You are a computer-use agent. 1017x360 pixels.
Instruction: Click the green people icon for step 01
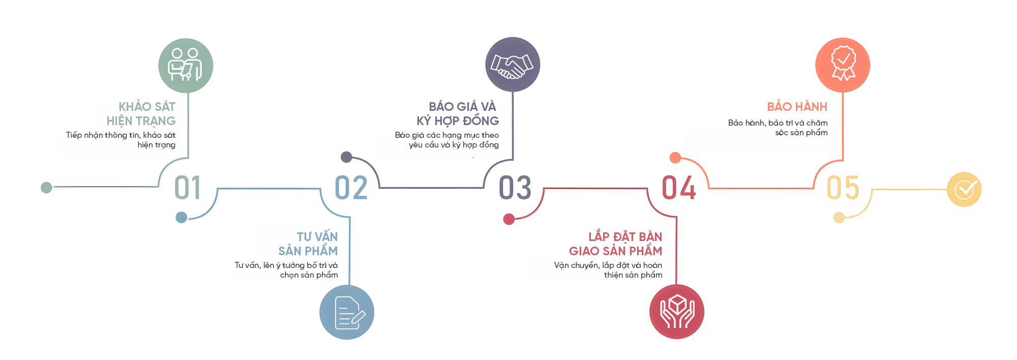[186, 66]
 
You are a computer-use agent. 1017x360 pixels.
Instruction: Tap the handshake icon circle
[513, 65]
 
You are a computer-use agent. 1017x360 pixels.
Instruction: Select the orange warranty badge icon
[843, 65]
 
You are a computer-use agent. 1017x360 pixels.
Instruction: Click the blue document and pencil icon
[347, 312]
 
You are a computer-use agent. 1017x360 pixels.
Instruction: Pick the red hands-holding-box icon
[677, 312]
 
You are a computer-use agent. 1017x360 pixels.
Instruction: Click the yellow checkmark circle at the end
[964, 190]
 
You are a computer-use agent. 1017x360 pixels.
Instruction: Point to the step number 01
[188, 188]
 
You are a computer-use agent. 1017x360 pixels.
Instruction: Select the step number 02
[351, 188]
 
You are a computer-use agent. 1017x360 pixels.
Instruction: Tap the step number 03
[515, 188]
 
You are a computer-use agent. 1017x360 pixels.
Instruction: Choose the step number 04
[678, 188]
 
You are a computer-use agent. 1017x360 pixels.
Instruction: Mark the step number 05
[843, 188]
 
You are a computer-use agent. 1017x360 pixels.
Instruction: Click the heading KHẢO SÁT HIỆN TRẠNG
[142, 114]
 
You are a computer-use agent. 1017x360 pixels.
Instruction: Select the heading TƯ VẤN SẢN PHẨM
[309, 244]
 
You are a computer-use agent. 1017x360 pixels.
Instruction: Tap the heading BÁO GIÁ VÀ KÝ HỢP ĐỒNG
[458, 114]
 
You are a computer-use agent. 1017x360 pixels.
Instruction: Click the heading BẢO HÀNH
[797, 107]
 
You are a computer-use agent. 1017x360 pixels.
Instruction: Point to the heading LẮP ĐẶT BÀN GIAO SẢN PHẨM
[616, 244]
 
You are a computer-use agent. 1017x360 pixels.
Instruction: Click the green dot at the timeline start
[46, 188]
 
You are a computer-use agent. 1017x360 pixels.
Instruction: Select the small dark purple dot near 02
[346, 157]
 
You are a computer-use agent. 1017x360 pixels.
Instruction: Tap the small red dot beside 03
[508, 219]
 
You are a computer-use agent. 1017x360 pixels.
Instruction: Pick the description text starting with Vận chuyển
[609, 270]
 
